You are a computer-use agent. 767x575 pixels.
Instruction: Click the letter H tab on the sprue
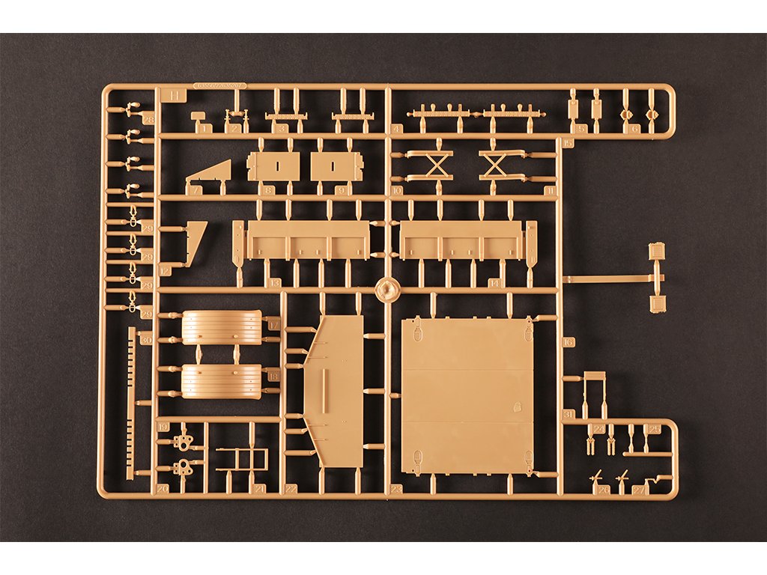click(174, 95)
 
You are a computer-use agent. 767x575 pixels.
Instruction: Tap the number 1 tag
click(205, 129)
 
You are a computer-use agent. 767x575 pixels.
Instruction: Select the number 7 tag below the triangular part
click(196, 191)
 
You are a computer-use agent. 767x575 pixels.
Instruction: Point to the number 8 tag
click(268, 191)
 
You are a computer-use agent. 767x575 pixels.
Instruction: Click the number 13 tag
click(274, 283)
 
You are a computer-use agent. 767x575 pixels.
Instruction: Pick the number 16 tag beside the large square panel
click(568, 342)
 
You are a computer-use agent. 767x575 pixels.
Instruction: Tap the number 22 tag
click(291, 489)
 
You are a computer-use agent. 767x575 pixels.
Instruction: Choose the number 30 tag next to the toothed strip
click(145, 340)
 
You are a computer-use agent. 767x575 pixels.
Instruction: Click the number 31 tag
click(569, 414)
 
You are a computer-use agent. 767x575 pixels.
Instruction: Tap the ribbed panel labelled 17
click(222, 327)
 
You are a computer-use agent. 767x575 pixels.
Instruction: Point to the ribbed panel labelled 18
click(221, 381)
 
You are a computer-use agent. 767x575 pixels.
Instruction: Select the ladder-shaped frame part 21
click(241, 459)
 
